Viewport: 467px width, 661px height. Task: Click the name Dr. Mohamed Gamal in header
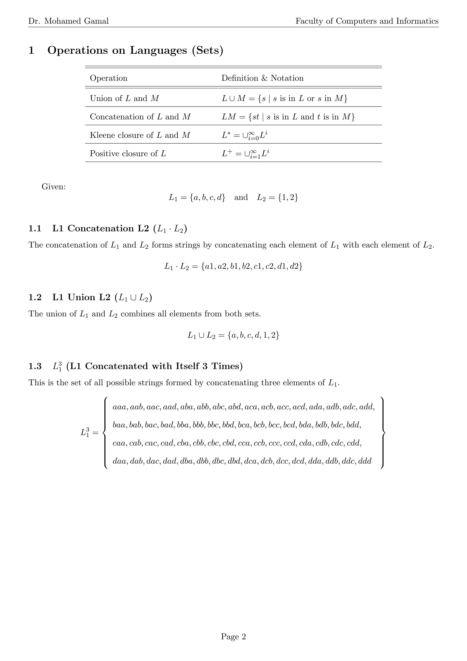[68, 21]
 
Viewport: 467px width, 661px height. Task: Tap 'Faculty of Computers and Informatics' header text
[367, 21]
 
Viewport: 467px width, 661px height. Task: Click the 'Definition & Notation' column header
[262, 78]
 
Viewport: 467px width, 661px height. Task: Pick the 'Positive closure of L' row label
[128, 153]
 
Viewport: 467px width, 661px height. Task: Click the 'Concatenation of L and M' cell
[140, 117]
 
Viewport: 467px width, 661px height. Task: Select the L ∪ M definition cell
[284, 98]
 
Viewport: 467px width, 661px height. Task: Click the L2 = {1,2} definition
[278, 197]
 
